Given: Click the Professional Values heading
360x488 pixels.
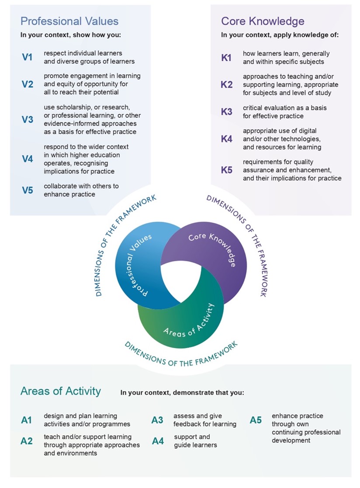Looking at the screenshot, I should (69, 21).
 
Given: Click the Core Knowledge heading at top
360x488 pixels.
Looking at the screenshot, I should (263, 21).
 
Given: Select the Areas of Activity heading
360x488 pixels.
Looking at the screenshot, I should (61, 391).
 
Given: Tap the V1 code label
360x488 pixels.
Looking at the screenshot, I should (27, 57).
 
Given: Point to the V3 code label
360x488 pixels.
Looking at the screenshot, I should (27, 119).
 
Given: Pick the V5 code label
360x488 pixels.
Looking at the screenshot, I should (27, 190).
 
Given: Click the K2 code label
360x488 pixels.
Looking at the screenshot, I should (227, 84).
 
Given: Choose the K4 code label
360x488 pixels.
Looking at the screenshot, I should (227, 139).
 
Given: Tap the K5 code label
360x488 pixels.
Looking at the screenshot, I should (227, 170).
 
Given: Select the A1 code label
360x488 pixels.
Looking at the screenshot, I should (27, 420).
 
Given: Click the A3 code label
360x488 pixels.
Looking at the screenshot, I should (157, 420).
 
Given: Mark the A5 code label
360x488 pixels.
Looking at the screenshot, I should (256, 420).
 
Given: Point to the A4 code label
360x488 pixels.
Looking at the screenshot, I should (158, 441).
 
